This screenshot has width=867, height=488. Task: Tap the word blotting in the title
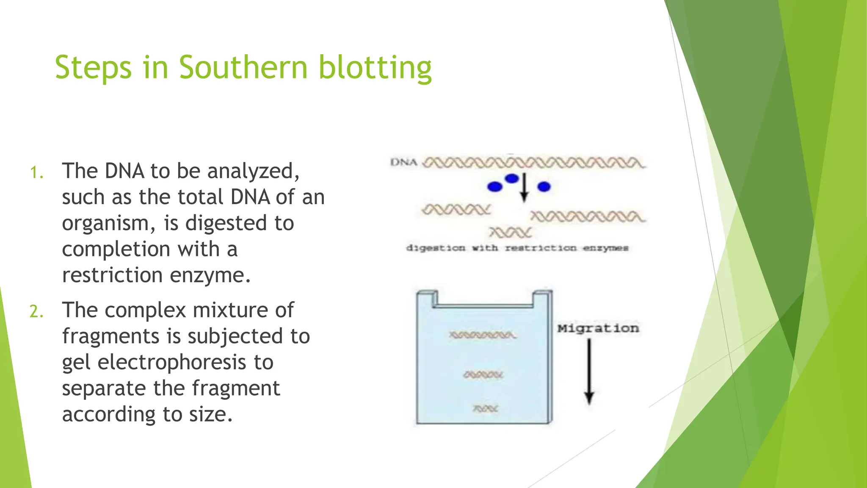tap(375, 68)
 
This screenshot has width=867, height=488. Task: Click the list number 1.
tap(36, 173)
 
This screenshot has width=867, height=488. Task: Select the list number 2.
tap(36, 312)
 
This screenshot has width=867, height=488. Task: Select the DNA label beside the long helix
tap(403, 162)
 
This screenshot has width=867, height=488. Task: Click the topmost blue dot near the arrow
tap(512, 178)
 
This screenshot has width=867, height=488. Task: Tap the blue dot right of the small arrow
tap(544, 186)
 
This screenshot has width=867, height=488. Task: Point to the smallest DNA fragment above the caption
tap(510, 233)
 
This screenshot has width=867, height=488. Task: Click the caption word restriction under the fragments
tap(540, 248)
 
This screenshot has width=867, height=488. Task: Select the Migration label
tap(598, 328)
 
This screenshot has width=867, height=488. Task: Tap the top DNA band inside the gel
tap(482, 335)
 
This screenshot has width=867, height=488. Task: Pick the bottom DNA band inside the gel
tap(486, 409)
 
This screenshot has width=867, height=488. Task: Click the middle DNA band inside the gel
tap(483, 375)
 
